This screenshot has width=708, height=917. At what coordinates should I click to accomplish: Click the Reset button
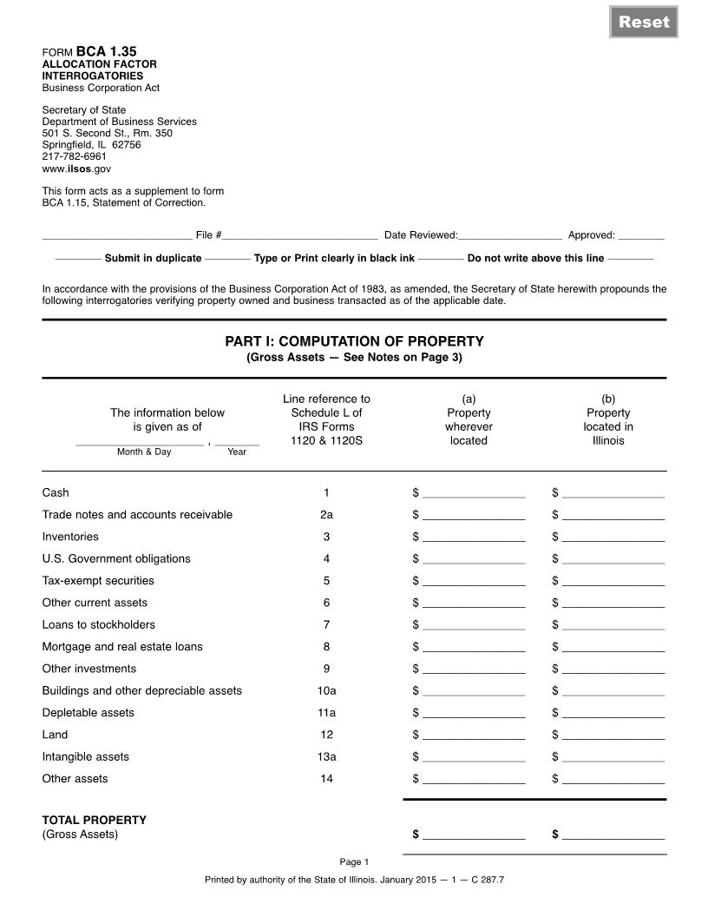(x=644, y=22)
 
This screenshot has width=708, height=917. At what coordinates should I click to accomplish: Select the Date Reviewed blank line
(x=509, y=234)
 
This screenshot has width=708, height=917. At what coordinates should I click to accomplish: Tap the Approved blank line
(x=641, y=234)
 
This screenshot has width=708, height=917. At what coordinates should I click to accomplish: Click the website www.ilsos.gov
(x=76, y=169)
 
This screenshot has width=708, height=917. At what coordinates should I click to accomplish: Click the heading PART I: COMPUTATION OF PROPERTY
(x=354, y=341)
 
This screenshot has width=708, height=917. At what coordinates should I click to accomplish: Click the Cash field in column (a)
(x=474, y=493)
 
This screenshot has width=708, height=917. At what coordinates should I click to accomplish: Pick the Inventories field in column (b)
(x=613, y=538)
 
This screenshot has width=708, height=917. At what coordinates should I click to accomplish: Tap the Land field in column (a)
(x=474, y=736)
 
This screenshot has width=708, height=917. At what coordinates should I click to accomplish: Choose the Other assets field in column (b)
(x=613, y=780)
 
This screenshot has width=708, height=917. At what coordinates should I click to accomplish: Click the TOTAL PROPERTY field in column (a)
(x=474, y=835)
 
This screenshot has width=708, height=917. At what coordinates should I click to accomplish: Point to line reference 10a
(x=326, y=691)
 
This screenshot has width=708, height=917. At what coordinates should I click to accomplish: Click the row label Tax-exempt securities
(x=98, y=581)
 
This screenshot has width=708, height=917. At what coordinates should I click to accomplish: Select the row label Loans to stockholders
(x=99, y=625)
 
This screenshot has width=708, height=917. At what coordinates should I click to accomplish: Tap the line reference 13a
(x=326, y=757)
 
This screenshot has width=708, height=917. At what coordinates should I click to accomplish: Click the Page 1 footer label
(x=354, y=862)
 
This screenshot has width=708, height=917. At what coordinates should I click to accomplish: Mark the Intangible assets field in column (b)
(x=613, y=757)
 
